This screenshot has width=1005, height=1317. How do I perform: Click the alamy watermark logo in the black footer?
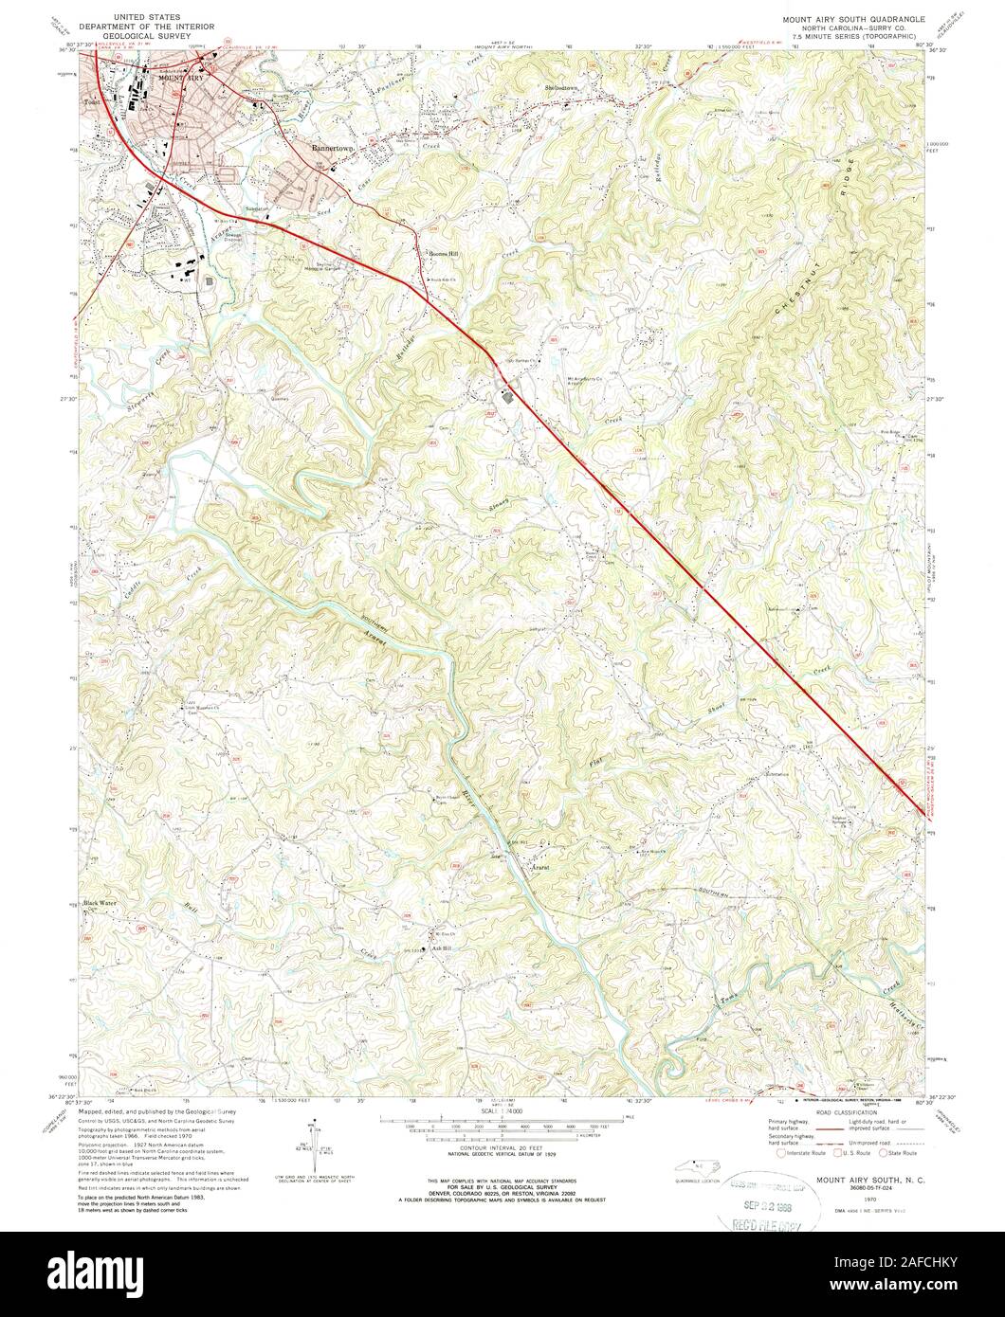coord(502,1273)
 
